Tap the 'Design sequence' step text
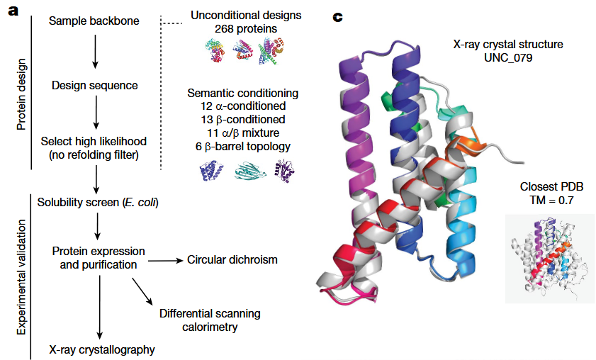tap(94, 86)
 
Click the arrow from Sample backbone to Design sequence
tap(94, 52)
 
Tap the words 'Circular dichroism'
tap(232, 259)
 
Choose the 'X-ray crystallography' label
tap(101, 349)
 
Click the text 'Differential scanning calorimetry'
tap(210, 320)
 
